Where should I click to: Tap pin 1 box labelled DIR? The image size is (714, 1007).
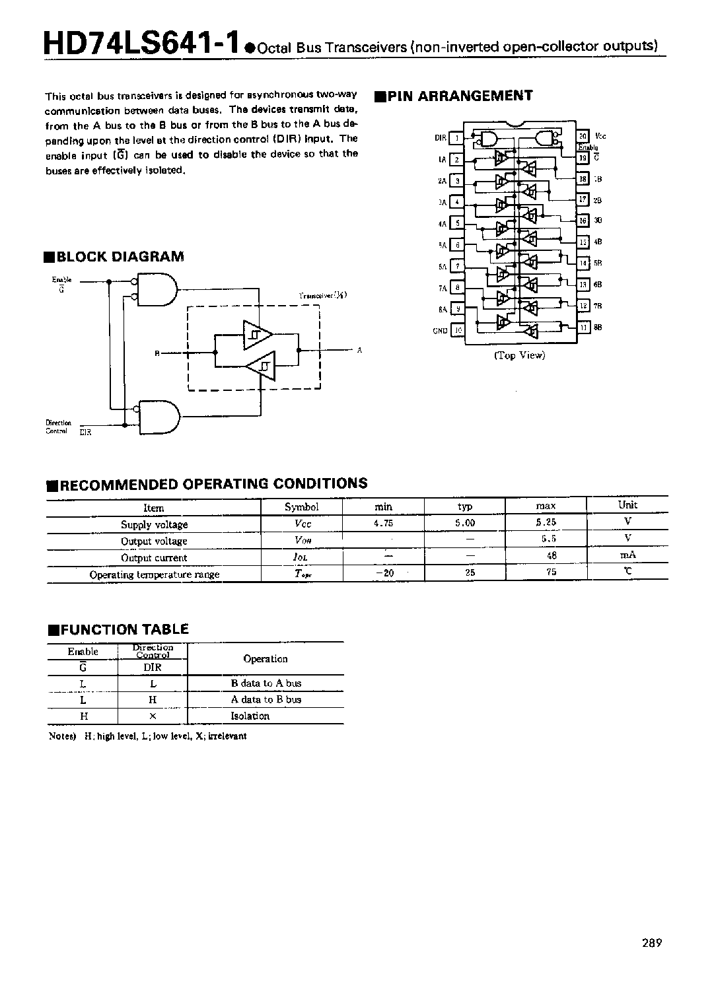pyautogui.click(x=456, y=138)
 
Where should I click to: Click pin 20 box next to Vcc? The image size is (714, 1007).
pyautogui.click(x=583, y=137)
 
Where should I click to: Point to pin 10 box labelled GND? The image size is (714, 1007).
pyautogui.click(x=457, y=330)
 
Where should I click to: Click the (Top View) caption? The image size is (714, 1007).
pyautogui.click(x=520, y=355)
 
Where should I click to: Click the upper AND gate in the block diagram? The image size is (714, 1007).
pyautogui.click(x=157, y=289)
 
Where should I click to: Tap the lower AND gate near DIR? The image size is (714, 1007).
pyautogui.click(x=159, y=417)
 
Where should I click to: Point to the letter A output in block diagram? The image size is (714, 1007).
pyautogui.click(x=359, y=351)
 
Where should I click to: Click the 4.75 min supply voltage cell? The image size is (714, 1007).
pyautogui.click(x=383, y=523)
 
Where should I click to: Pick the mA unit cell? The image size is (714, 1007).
pyautogui.click(x=627, y=555)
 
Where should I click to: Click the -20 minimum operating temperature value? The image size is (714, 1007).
pyautogui.click(x=384, y=573)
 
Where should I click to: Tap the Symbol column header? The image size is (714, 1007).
pyautogui.click(x=301, y=506)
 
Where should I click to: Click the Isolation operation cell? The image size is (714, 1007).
pyautogui.click(x=250, y=716)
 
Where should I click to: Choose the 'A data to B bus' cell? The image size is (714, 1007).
pyautogui.click(x=266, y=699)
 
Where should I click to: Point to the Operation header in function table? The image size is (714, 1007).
pyautogui.click(x=266, y=658)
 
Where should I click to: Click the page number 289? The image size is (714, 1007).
pyautogui.click(x=651, y=943)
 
